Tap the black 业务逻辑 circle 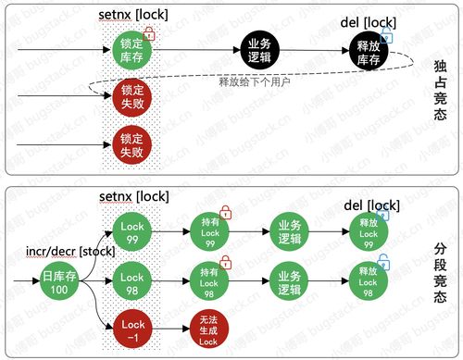coord(257,50)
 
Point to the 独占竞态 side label coord(440,90)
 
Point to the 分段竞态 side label coord(440,272)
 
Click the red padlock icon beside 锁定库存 coord(149,32)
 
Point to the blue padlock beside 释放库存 coord(387,36)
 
